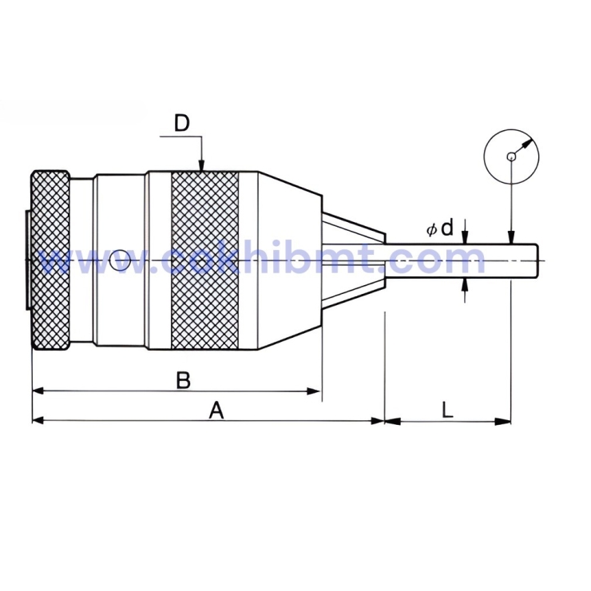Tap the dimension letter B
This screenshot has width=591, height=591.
[x=183, y=379]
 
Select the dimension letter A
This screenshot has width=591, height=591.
[x=216, y=410]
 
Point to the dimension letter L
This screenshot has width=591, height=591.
[x=447, y=410]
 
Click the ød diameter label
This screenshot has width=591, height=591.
[x=439, y=228]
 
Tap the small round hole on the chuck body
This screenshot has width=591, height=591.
[x=120, y=260]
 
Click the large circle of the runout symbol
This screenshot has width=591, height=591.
[x=511, y=156]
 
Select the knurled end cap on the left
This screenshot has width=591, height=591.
[x=50, y=260]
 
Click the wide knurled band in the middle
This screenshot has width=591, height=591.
[x=204, y=260]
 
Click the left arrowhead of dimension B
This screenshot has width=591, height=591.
[x=38, y=391]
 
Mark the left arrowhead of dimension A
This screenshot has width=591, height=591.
[x=38, y=421]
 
